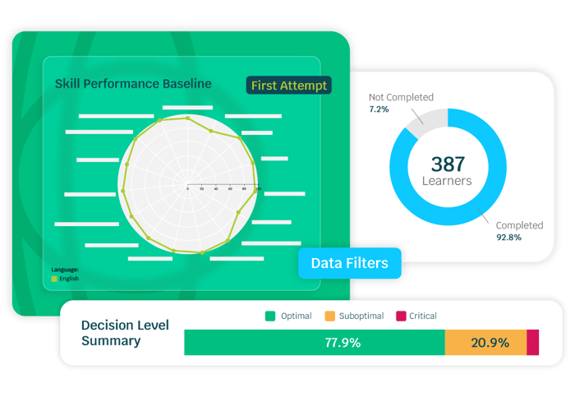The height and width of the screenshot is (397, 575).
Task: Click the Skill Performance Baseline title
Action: coord(133,84)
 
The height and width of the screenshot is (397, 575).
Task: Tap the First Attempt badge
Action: coord(287,85)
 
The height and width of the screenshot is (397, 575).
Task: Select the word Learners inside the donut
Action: coord(446,181)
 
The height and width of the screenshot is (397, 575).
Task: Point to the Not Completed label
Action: coord(400,97)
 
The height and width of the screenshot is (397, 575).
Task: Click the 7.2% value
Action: coord(378,108)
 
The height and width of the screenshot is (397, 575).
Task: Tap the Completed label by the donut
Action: coord(519,225)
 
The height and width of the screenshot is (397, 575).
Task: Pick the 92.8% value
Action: coord(508,237)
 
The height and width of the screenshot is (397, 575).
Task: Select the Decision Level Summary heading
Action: coord(125,333)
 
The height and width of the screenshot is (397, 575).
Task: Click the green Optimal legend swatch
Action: coord(269,316)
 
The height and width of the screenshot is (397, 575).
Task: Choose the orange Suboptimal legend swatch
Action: coord(330,316)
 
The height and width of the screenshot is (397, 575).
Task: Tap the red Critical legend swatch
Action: coord(402,316)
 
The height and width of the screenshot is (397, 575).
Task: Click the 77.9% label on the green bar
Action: coord(342,343)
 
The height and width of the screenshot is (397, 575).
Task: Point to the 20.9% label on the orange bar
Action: coord(490,343)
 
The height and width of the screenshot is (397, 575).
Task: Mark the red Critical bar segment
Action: coord(532,343)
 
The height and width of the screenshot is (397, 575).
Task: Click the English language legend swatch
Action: coord(55,279)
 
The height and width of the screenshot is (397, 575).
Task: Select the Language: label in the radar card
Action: coord(65,269)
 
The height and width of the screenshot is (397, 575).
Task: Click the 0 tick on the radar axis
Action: coord(188,189)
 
